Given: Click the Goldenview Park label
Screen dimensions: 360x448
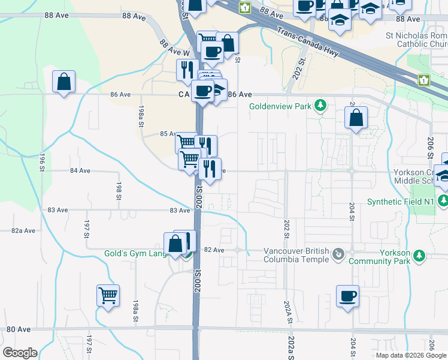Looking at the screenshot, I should tap(281, 106).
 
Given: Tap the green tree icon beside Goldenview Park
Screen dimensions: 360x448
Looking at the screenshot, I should tap(321, 106).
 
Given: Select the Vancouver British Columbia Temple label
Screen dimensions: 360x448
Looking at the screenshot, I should tap(296, 255).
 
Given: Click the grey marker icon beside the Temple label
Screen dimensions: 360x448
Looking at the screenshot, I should tap(339, 254).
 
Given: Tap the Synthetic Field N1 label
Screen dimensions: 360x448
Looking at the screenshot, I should tap(400, 202).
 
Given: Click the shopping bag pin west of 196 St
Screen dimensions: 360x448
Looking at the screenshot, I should tap(64, 82).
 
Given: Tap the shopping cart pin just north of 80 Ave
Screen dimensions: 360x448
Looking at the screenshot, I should tap(108, 295).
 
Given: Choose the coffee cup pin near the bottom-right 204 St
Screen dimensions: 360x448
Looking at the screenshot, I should tap(347, 296).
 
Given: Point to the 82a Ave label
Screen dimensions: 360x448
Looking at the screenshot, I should tap(24, 230).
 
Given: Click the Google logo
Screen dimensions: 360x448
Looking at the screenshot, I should tap(20, 353).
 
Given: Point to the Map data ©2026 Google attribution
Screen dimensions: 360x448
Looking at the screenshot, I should tap(411, 355).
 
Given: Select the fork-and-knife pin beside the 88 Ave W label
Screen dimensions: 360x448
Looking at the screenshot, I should tap(187, 70).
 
